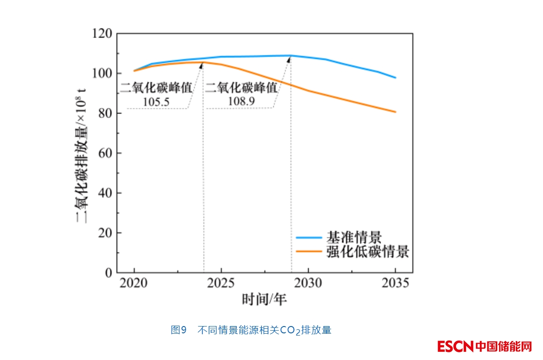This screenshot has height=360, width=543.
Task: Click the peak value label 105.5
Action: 156,102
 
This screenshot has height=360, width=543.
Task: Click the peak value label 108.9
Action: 241,102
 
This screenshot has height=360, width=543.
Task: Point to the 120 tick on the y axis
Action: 102,34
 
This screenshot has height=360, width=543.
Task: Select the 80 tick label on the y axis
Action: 105,114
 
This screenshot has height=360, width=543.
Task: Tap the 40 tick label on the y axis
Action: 105,193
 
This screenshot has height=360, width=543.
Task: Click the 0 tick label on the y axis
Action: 109,273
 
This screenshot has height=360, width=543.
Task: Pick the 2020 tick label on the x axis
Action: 134,284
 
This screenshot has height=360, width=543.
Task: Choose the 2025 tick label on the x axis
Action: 221,284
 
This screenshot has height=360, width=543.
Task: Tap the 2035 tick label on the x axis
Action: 395,284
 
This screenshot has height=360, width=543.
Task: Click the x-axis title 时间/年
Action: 264,299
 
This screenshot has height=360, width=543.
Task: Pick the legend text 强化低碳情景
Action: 367,251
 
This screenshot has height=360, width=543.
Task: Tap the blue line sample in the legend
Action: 309,237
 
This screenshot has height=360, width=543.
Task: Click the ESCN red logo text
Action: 455,347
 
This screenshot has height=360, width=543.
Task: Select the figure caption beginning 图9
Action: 251,330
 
